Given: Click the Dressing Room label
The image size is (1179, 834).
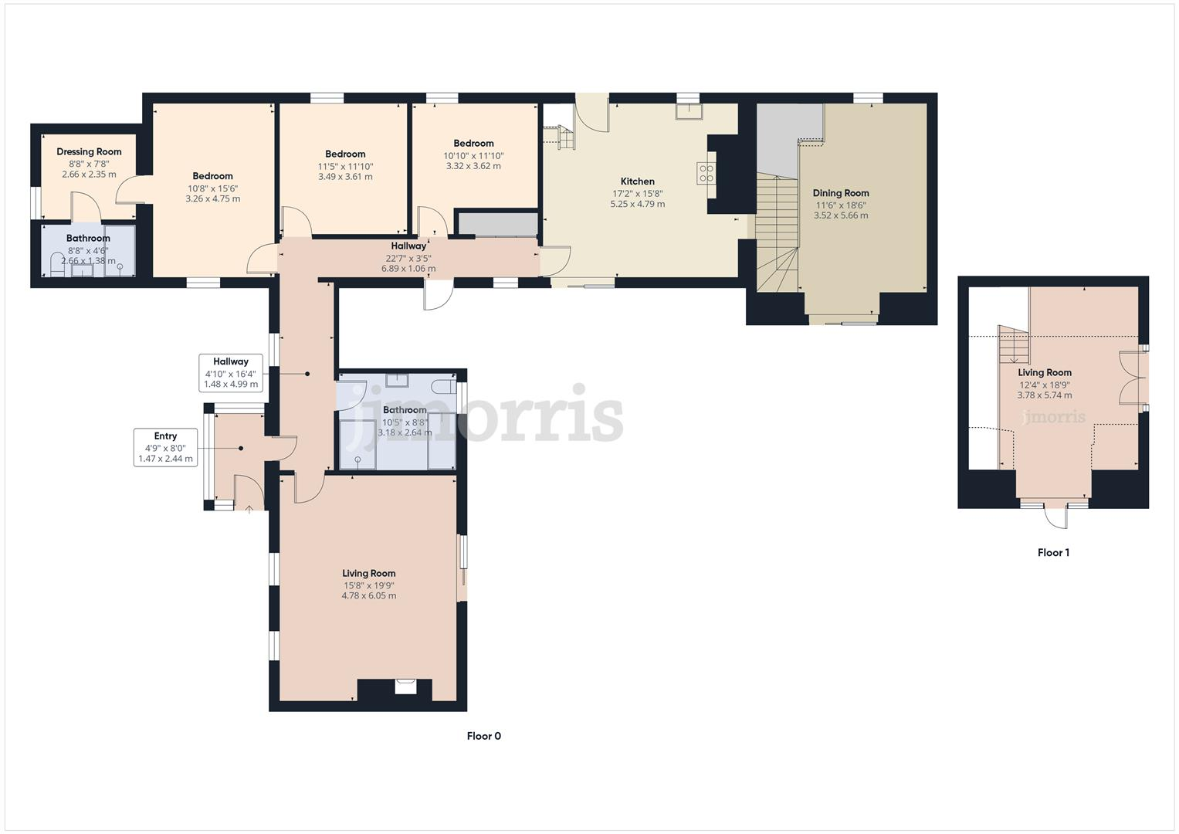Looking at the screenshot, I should click(x=89, y=151).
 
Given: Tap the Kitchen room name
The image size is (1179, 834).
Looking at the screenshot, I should click(x=638, y=181).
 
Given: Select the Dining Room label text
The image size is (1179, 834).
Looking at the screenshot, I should click(x=841, y=193).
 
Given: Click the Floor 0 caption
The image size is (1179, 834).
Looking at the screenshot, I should click(x=484, y=736).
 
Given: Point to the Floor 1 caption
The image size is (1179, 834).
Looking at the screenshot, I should click(x=1053, y=553).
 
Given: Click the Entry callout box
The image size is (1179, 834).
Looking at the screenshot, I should click(x=165, y=447).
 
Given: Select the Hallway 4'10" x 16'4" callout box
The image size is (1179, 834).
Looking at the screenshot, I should click(x=231, y=372).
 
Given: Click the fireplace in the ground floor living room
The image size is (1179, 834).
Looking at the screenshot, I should click(x=405, y=687).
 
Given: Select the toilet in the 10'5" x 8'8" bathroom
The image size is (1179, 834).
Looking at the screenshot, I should click(x=443, y=385).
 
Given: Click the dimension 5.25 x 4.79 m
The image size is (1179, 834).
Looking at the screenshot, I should click(x=638, y=205).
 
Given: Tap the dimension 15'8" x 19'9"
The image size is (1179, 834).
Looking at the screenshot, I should click(x=369, y=585).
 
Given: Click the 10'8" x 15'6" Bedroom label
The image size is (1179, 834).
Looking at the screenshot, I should click(x=212, y=176).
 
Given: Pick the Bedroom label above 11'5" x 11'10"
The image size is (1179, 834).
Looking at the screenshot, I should click(x=345, y=154).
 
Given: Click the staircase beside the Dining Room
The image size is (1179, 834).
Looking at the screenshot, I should click(x=776, y=232).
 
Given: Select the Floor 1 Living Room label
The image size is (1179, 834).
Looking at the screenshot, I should click(x=1045, y=372).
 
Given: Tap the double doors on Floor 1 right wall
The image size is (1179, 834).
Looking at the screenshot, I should click(x=1132, y=378).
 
